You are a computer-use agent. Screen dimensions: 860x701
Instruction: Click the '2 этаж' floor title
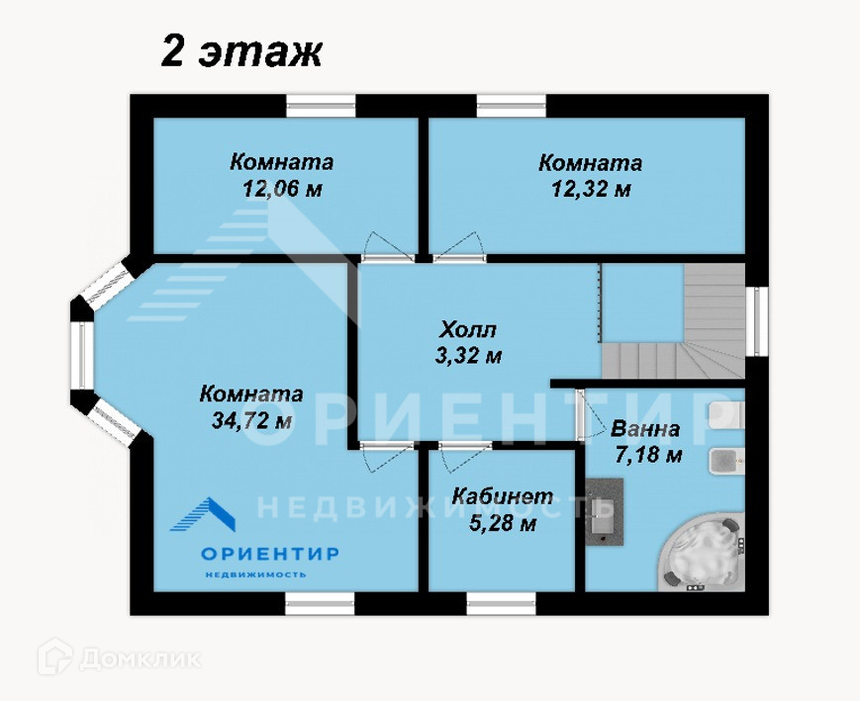[x=241, y=53]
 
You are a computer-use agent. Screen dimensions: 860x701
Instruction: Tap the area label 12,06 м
[x=282, y=189]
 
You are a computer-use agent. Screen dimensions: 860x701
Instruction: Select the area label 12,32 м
[x=591, y=190]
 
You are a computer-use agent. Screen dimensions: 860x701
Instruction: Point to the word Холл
[x=468, y=330]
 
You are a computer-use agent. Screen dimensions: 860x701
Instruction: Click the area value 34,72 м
[x=251, y=421]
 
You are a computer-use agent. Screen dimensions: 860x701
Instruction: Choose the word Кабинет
[x=503, y=496]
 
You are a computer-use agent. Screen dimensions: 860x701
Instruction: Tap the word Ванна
[x=645, y=428]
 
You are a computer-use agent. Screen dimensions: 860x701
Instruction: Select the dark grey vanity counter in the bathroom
[x=605, y=511]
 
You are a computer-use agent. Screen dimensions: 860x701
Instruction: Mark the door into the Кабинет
[x=464, y=455]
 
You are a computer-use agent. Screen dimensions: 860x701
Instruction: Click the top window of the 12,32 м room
[x=512, y=107]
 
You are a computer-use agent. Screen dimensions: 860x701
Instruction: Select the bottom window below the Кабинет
[x=502, y=603]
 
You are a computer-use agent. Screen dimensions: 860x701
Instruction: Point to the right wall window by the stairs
[x=757, y=321]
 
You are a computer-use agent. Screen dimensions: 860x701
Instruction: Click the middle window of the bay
[x=82, y=355]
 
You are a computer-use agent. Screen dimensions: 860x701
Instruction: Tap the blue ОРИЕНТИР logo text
[x=270, y=554]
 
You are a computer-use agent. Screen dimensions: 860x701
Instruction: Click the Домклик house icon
[x=55, y=657]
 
